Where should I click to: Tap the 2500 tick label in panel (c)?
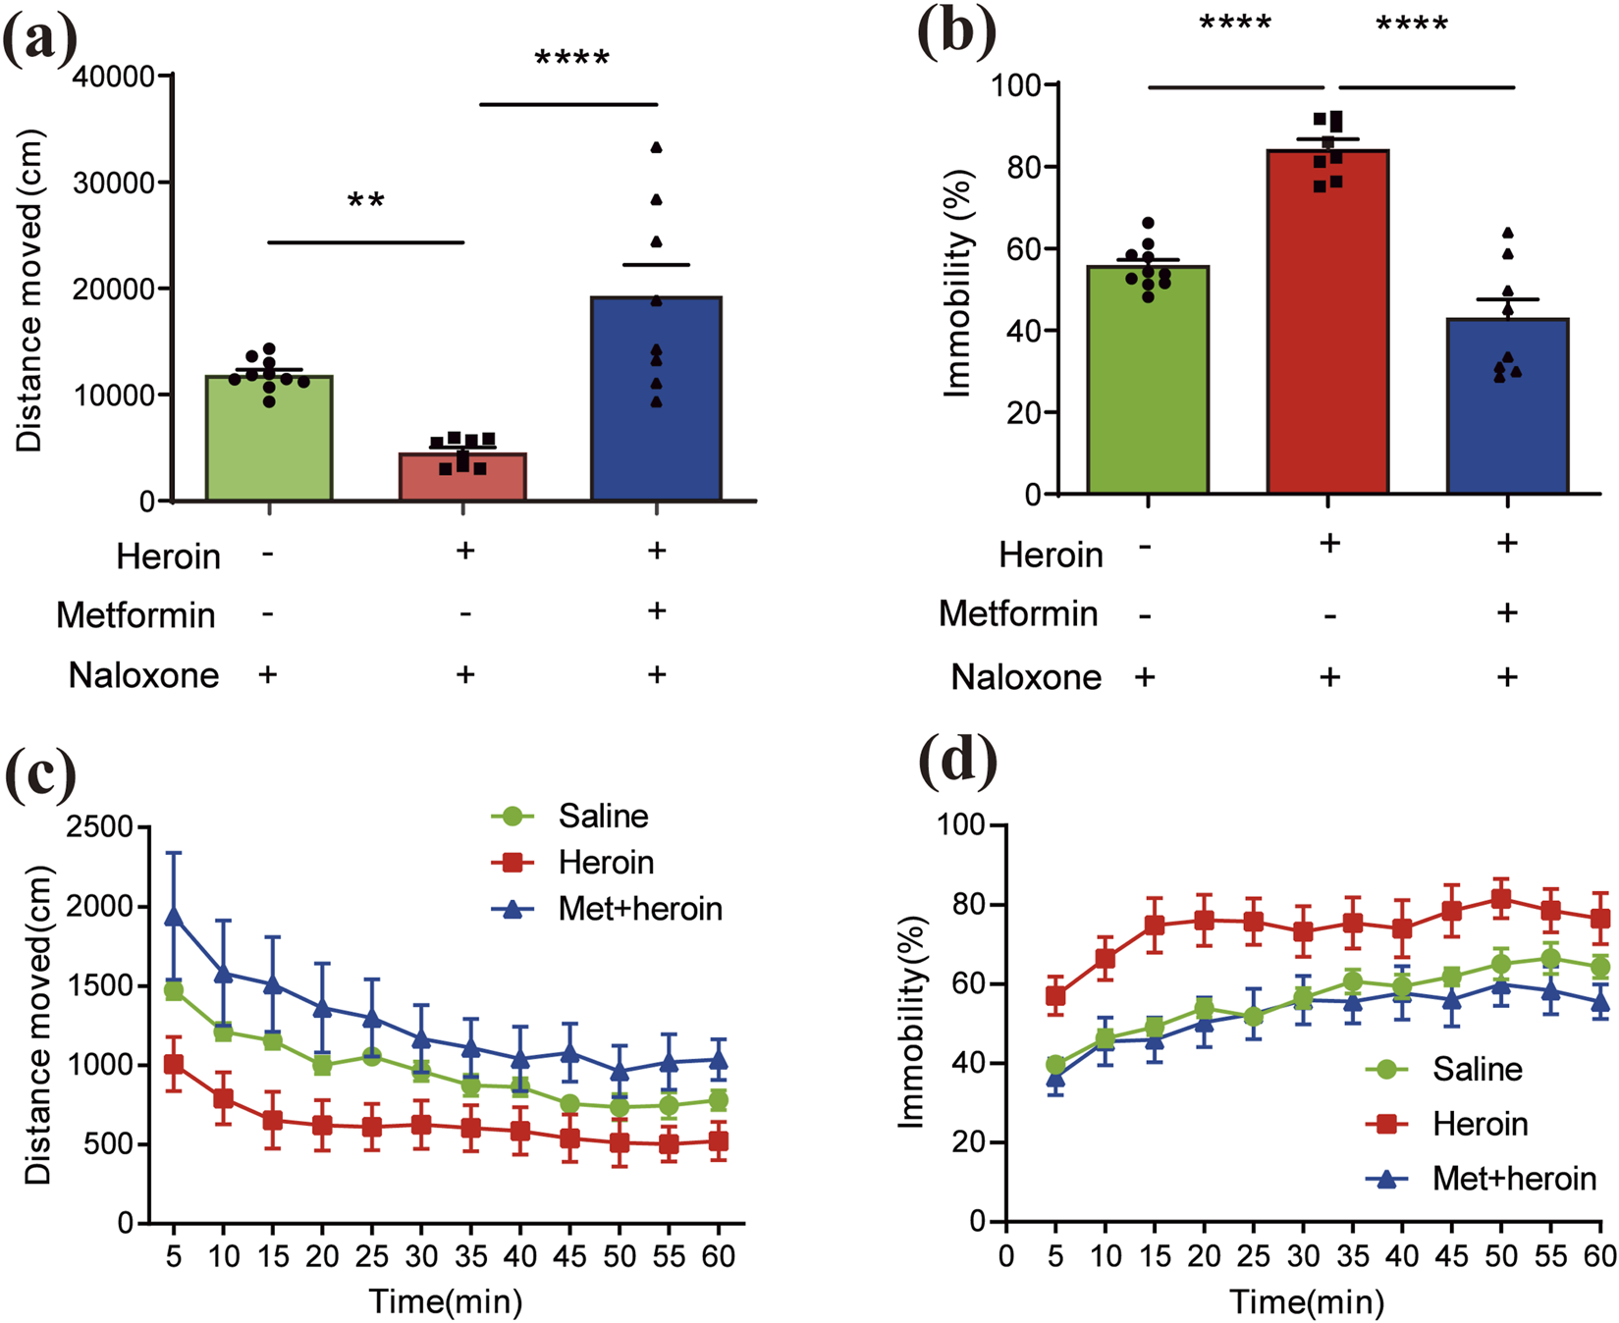coord(99,827)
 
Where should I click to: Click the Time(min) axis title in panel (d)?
coord(1307,1302)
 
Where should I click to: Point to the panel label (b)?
coord(955,31)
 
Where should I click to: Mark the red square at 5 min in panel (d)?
coord(1055,996)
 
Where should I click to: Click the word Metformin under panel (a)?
coord(135,615)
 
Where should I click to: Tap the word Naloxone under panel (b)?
coord(1026,677)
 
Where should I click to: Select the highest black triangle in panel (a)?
coord(656,147)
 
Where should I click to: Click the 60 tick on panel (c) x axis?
coord(719,1256)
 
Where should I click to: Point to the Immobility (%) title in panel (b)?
coord(956,285)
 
